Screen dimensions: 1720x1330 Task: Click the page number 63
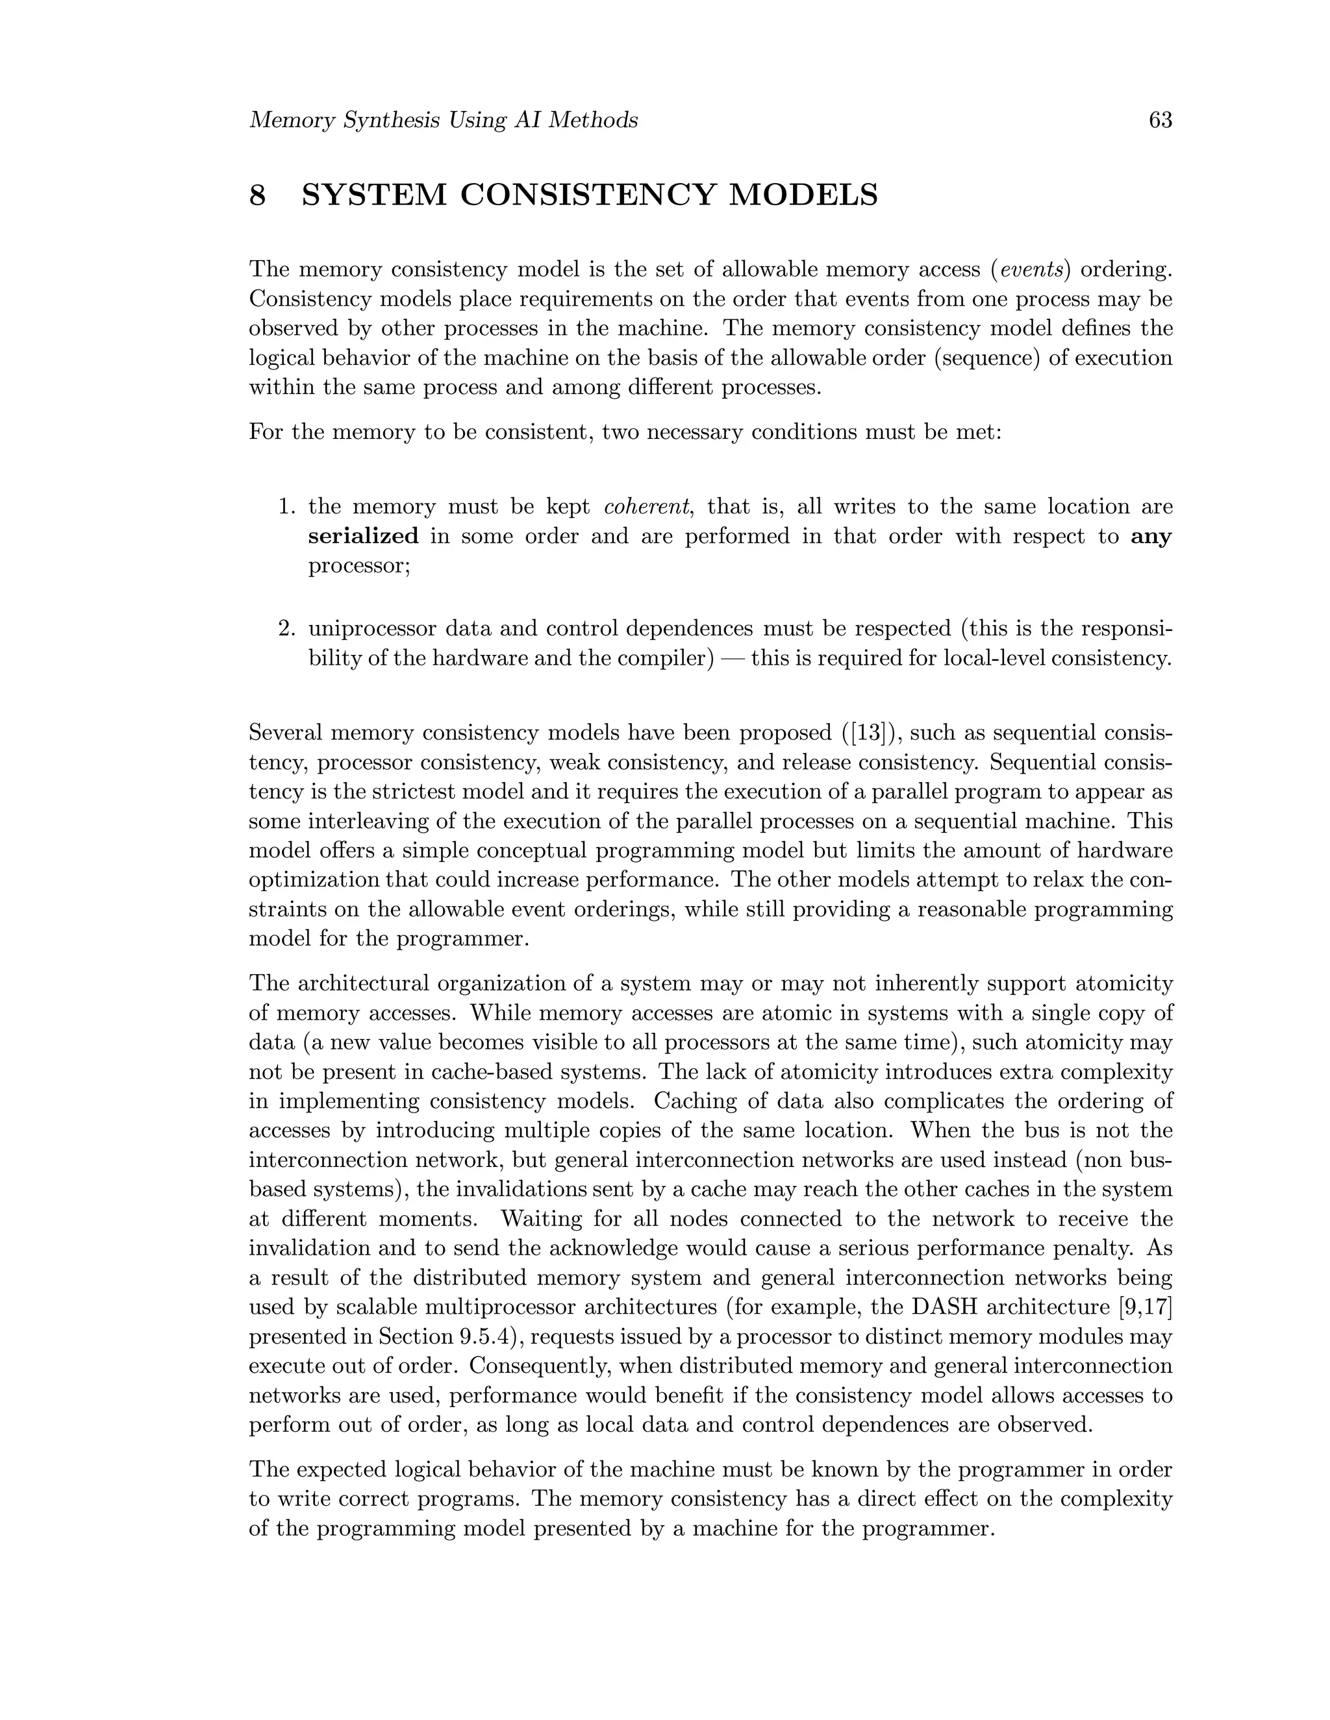(x=1161, y=121)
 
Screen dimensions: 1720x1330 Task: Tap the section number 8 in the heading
(x=258, y=195)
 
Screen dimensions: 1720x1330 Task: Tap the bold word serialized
(x=363, y=536)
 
